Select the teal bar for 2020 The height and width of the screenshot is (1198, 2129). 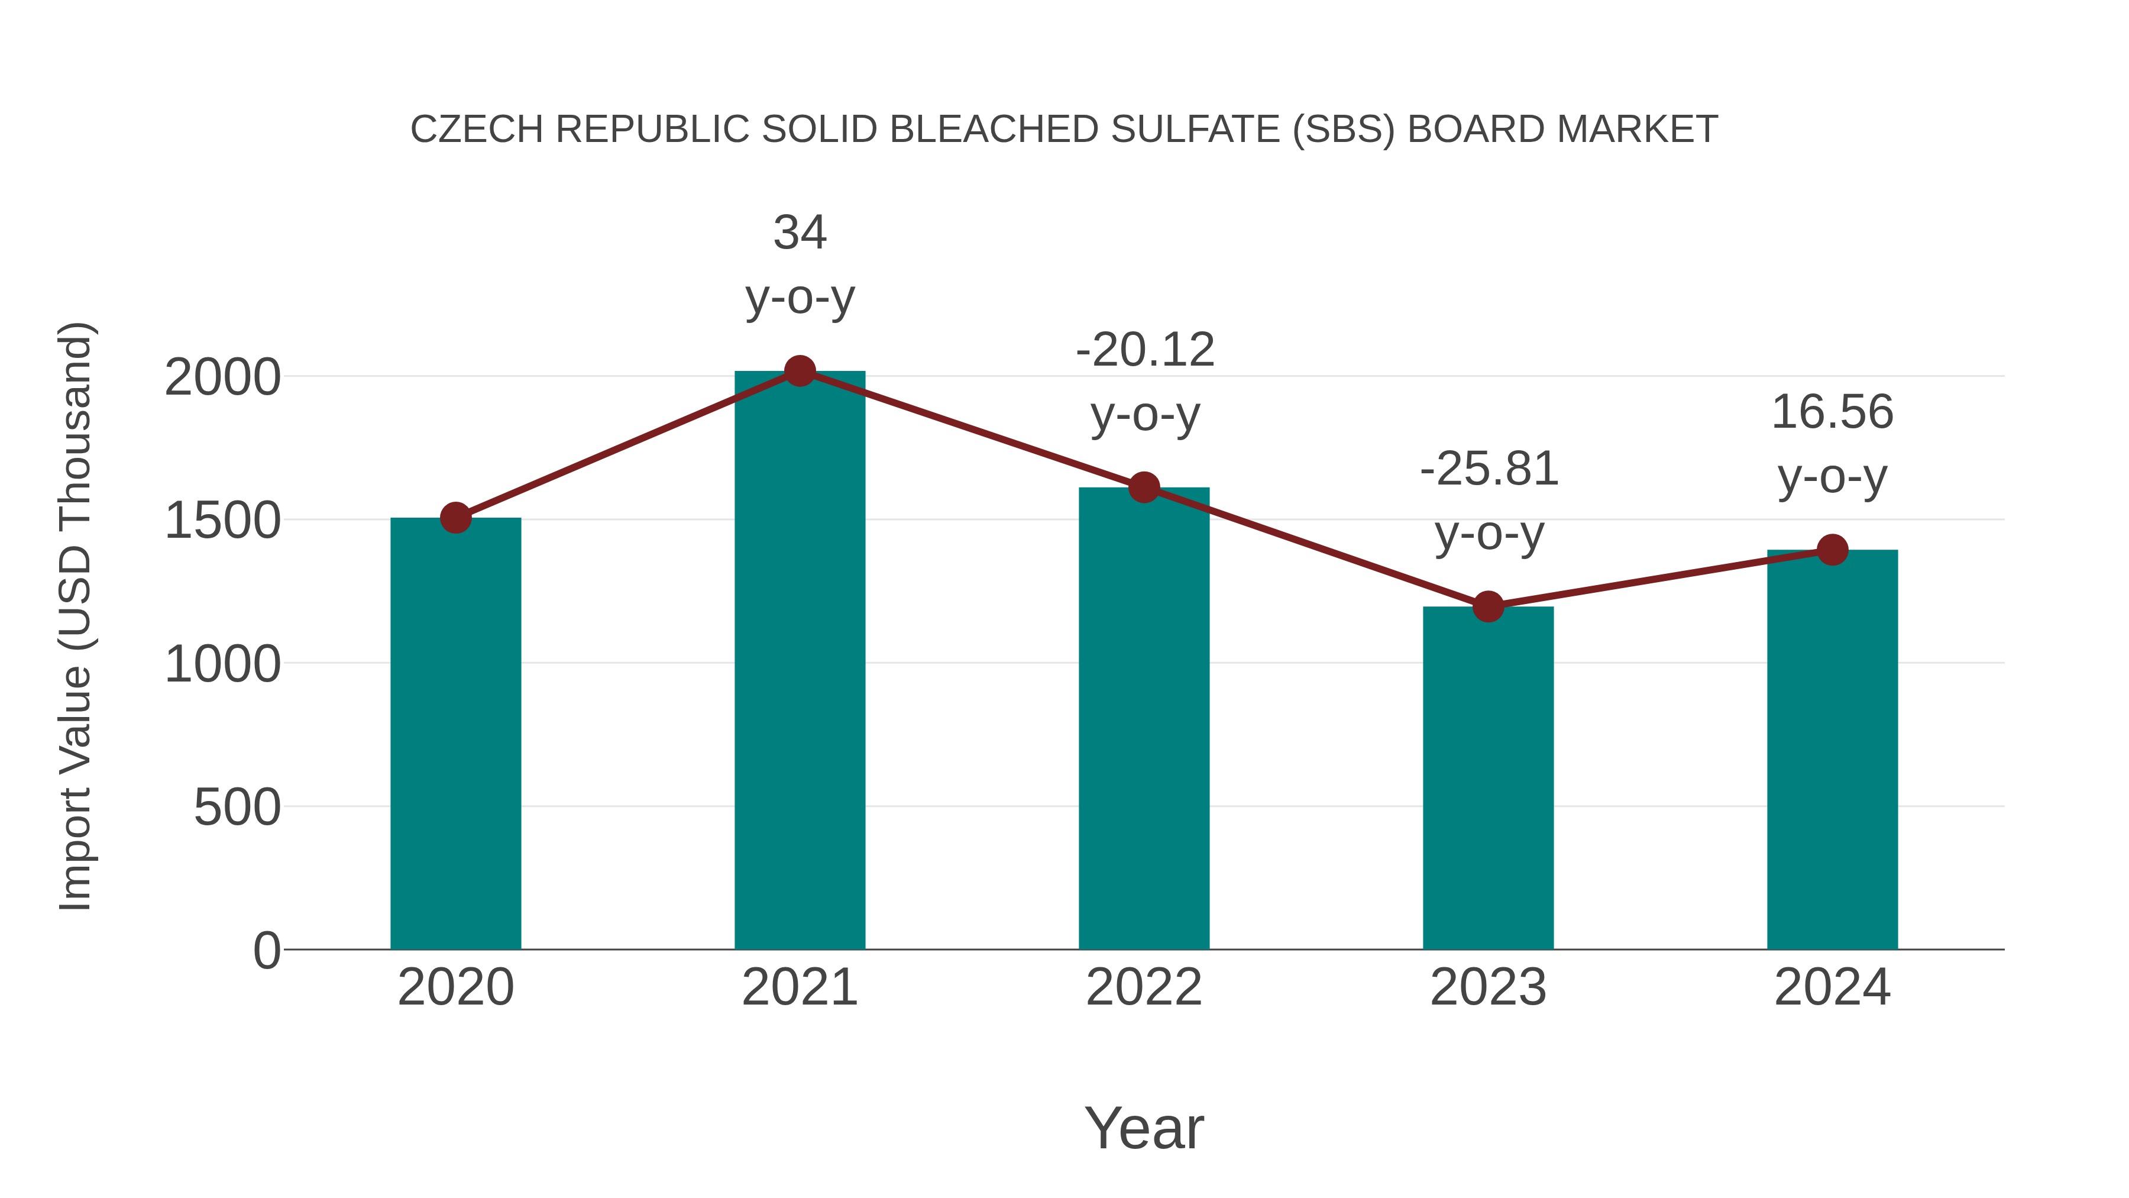coord(455,736)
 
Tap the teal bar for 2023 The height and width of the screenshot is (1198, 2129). coord(1488,777)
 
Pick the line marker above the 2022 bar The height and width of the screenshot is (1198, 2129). coord(1144,488)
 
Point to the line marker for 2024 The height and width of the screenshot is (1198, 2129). coord(1832,549)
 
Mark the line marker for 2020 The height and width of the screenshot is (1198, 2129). coord(455,518)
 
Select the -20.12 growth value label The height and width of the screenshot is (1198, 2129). coord(1145,351)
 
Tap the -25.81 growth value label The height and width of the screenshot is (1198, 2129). coord(1489,470)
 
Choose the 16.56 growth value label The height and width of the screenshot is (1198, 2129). coord(1832,412)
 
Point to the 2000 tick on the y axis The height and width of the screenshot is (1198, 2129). coord(222,379)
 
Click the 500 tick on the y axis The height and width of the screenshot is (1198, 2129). coord(237,808)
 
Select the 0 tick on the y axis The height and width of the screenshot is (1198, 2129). coord(266,951)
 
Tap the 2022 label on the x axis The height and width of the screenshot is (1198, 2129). coord(1144,988)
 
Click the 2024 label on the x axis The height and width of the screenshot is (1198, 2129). coord(1832,988)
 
